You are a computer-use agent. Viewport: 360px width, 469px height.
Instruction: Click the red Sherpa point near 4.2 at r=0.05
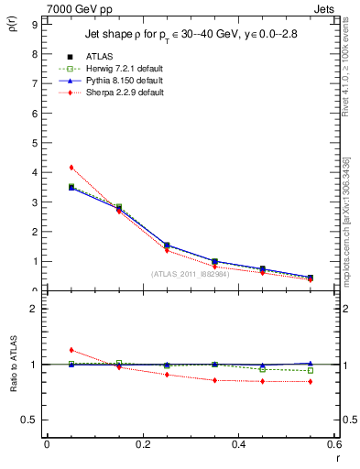tap(71, 168)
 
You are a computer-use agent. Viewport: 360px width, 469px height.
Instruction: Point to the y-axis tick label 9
tap(34, 25)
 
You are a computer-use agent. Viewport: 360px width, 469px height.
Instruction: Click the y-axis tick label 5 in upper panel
tap(34, 143)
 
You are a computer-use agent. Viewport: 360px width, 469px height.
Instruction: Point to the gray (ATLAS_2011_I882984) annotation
tap(191, 274)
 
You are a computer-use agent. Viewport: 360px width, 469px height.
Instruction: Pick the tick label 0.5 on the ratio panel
tap(31, 420)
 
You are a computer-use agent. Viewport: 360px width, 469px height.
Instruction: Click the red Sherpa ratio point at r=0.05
tap(71, 350)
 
